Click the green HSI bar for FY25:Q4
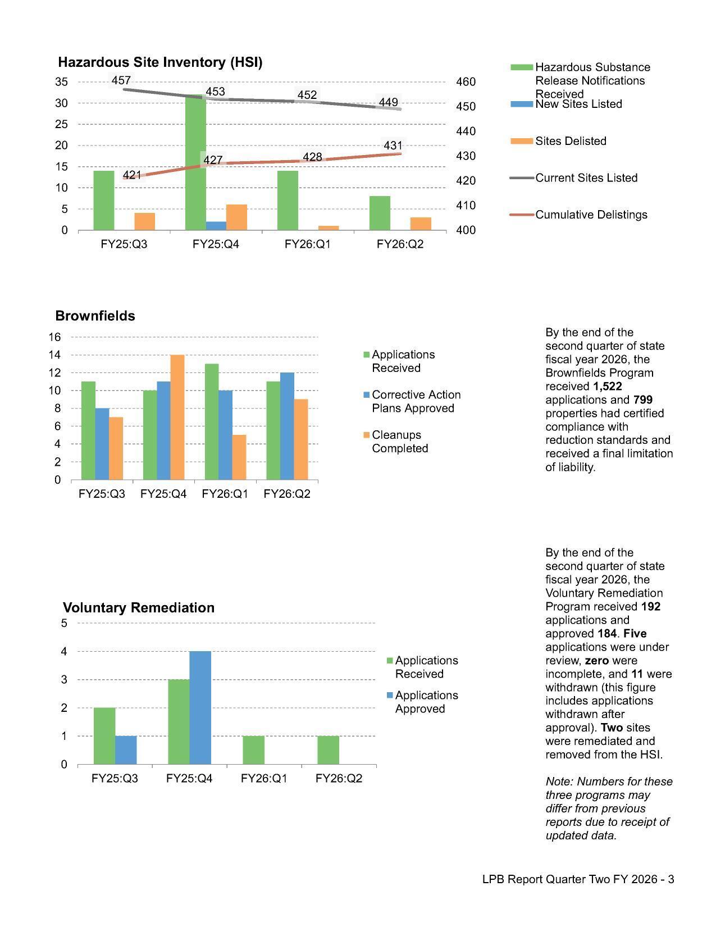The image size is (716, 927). [x=195, y=163]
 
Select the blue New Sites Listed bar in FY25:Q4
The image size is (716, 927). [x=216, y=226]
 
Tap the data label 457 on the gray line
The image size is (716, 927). [x=121, y=81]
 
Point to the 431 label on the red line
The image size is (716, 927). [x=393, y=146]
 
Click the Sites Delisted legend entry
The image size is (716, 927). [x=570, y=141]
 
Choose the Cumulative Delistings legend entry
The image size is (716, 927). [x=591, y=215]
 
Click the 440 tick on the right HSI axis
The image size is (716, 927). [x=464, y=131]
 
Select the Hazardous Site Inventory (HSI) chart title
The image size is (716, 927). [x=160, y=62]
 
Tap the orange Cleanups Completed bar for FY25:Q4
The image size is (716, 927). [x=177, y=417]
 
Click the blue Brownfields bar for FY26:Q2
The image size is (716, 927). [x=287, y=426]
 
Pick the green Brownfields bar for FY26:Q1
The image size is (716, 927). [x=212, y=421]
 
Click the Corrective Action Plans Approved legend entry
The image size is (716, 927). [x=416, y=401]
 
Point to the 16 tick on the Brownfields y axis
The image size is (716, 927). [x=54, y=337]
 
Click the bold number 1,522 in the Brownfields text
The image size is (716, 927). [x=607, y=387]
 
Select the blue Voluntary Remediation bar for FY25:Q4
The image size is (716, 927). [x=200, y=707]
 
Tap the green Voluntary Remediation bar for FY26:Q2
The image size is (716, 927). [x=328, y=750]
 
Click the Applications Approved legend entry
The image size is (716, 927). [x=426, y=702]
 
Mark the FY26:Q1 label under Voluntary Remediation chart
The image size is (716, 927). [x=264, y=778]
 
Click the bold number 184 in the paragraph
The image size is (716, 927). [x=606, y=634]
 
